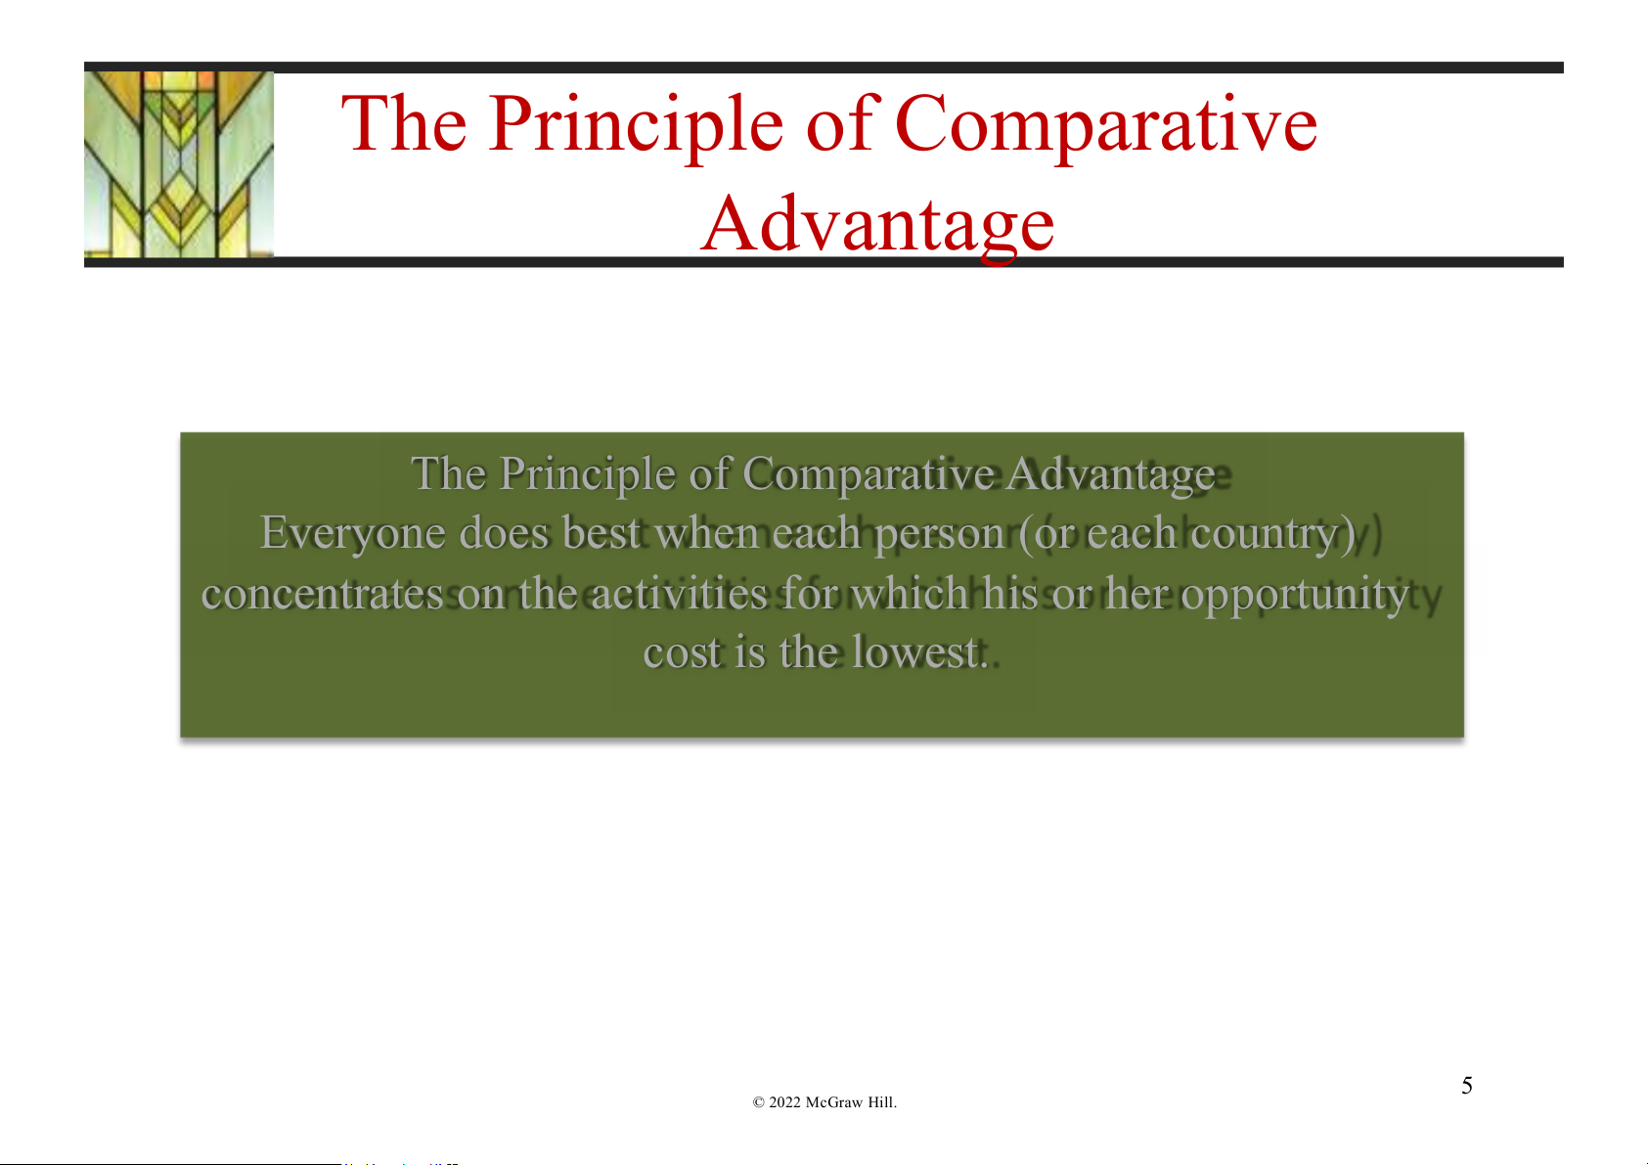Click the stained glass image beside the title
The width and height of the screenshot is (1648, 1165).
click(179, 164)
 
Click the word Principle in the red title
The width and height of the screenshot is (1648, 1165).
click(636, 126)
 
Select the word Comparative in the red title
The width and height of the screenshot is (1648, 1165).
click(1106, 126)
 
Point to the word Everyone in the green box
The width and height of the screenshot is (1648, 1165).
click(352, 534)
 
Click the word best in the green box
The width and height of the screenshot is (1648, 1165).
click(601, 533)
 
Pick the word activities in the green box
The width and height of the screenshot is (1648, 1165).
click(679, 594)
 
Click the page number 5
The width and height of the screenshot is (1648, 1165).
click(1467, 1086)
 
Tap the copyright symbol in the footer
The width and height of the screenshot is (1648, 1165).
click(759, 1102)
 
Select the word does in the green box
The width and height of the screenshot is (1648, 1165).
click(504, 533)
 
